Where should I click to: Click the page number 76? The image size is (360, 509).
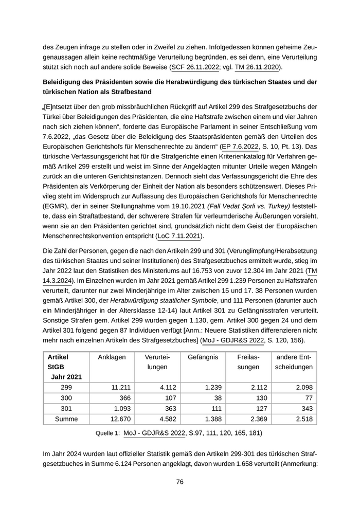[x=180, y=482]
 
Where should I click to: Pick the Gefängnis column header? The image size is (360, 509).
[x=203, y=357]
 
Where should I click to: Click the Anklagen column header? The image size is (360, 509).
[x=112, y=357]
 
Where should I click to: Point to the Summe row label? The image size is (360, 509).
[x=66, y=419]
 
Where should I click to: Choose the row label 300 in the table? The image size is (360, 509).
[x=66, y=398]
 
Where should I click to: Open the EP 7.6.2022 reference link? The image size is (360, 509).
[x=240, y=147]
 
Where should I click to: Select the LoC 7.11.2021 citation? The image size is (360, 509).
[x=179, y=236]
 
